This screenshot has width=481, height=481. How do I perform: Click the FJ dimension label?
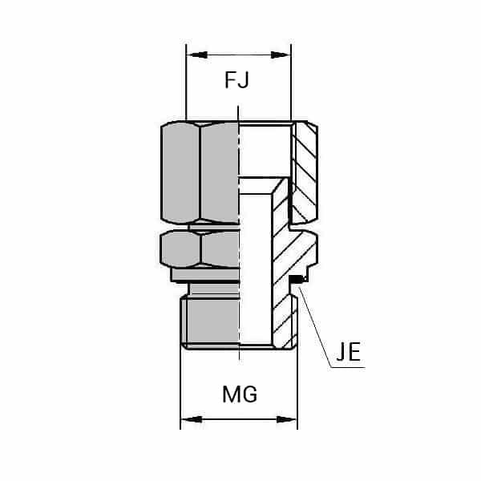tap(238, 80)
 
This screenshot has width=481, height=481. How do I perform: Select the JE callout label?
tap(347, 354)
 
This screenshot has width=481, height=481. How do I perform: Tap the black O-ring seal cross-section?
tap(297, 279)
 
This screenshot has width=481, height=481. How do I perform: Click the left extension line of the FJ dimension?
tap(185, 88)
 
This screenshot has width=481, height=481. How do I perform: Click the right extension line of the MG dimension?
tap(297, 385)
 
